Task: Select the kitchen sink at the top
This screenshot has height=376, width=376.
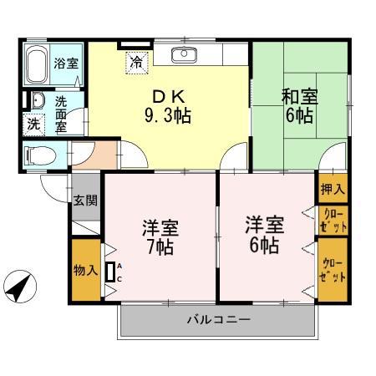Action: pos(183,56)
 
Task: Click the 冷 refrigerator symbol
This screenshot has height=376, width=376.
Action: pos(135,61)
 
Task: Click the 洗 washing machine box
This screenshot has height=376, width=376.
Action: pos(33,124)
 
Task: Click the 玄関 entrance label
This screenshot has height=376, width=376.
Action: pos(85,201)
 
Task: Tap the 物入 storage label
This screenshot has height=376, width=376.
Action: pos(86,270)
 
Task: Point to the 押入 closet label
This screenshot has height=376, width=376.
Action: pos(332,191)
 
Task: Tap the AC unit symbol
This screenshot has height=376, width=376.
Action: pos(109,272)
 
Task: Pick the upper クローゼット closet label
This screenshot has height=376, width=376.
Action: pos(332,221)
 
